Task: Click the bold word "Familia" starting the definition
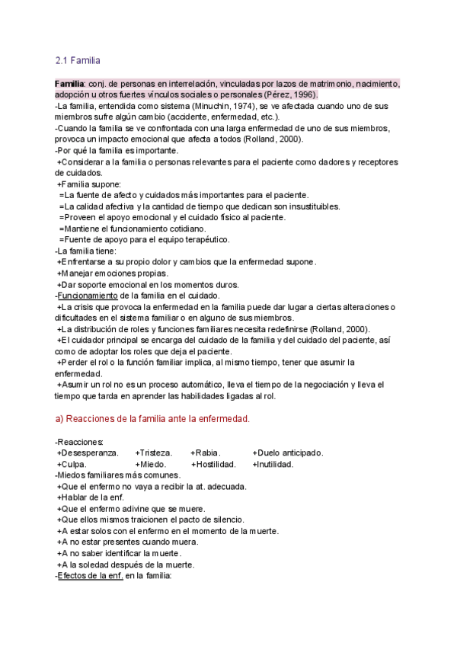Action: (70, 83)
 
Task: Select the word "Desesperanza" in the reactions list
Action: (90, 453)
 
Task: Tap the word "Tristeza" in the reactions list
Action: (155, 453)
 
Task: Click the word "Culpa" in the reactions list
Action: (73, 464)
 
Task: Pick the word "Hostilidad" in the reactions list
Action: (216, 464)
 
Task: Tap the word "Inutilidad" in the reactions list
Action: (275, 464)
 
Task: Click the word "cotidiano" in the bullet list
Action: (184, 229)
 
